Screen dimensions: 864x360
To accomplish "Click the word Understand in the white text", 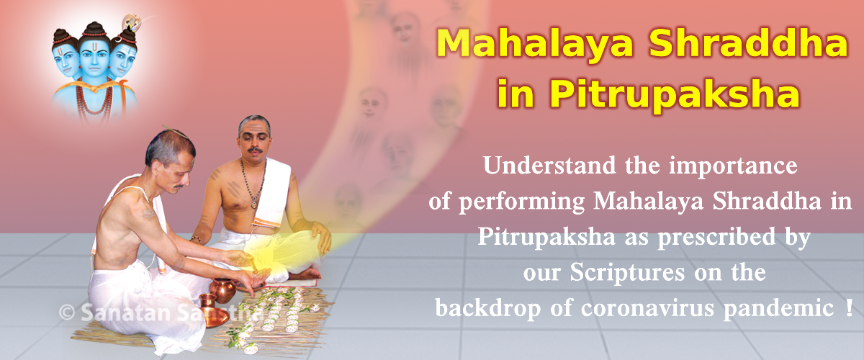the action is tap(549, 165).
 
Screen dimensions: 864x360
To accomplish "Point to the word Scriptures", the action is tap(627, 272).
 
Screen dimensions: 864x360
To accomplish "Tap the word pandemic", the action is tap(778, 310).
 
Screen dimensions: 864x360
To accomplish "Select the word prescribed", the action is tap(716, 236).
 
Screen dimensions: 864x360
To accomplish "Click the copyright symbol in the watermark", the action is tap(67, 312).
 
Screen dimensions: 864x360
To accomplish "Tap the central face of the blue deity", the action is tap(94, 58).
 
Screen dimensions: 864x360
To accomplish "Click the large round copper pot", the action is tap(222, 290).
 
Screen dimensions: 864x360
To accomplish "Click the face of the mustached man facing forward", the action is tap(253, 140).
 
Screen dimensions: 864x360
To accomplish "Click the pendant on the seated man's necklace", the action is tap(254, 203).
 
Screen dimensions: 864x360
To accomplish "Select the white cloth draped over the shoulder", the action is tap(272, 193).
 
